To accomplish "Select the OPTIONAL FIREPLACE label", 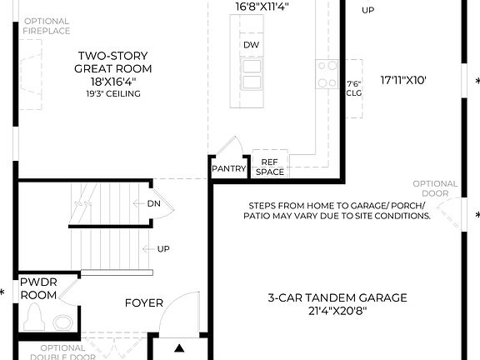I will [x=47, y=26].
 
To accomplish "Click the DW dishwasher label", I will [x=251, y=44].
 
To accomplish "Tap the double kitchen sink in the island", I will [x=251, y=67].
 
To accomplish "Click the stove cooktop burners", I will [x=326, y=69].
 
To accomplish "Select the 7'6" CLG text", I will [x=354, y=88].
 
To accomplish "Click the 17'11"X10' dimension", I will [x=403, y=81].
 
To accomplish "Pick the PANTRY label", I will [x=228, y=168].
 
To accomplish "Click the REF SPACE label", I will [x=269, y=167].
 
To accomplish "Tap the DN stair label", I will [x=153, y=203].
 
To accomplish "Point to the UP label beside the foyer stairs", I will [x=163, y=248].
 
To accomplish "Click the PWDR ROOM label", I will [x=38, y=289].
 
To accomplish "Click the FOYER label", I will [x=144, y=303].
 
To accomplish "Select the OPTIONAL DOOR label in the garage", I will [x=434, y=189].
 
